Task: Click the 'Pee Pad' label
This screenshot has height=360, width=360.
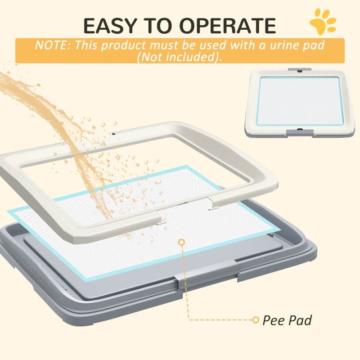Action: click(287, 320)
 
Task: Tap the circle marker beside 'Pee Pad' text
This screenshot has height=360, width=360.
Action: click(256, 320)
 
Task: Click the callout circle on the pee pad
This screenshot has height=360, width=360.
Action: click(181, 243)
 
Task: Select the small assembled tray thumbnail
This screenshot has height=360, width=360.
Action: click(300, 103)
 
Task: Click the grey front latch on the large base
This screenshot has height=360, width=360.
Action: click(186, 281)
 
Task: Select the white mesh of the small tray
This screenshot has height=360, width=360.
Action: click(300, 101)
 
